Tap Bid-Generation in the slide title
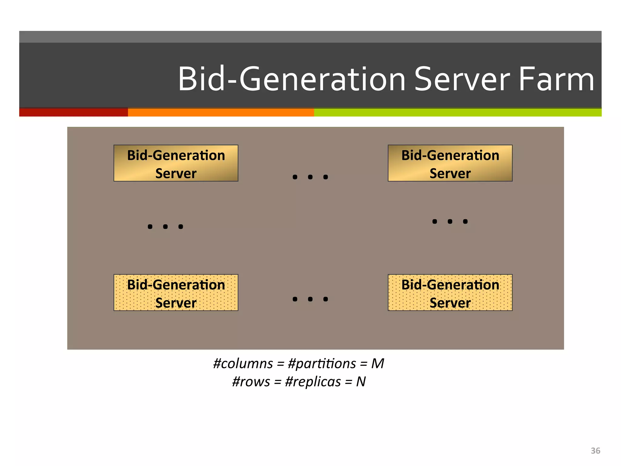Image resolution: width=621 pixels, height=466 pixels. pos(291,79)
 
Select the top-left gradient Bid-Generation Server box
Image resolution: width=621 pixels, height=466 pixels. pos(176,163)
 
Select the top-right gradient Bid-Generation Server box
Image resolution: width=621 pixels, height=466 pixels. pos(450,163)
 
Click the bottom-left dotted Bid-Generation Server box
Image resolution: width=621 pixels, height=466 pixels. pos(176,293)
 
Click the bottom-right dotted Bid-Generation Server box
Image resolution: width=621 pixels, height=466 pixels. pos(450,293)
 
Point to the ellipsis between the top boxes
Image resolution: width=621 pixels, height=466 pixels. pos(310,177)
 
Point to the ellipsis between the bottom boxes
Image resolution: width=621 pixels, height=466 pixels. pos(310,299)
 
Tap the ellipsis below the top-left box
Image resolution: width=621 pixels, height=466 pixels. pos(165,227)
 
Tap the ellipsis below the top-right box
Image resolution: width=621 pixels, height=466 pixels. pos(450,221)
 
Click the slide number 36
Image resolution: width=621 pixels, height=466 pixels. pos(595,451)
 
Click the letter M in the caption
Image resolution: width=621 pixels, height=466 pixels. pos(378,363)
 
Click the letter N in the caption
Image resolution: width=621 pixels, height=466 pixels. pos(361,382)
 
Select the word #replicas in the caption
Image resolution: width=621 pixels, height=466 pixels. pos(313,382)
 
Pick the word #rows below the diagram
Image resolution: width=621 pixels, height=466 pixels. pos(251,382)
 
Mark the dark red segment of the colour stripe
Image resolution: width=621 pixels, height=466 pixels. pos(73,112)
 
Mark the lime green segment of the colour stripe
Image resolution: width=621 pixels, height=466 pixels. pos(458,112)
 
